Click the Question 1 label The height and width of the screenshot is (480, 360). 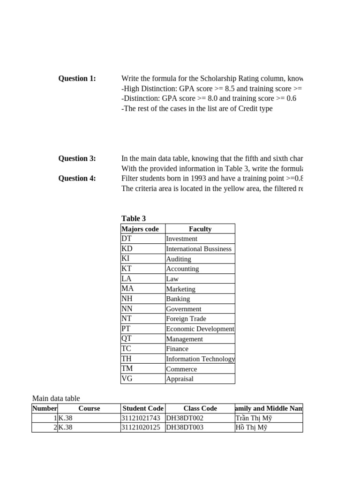[77, 79]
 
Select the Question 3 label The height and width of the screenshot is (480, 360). [77, 158]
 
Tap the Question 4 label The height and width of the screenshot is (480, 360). [77, 178]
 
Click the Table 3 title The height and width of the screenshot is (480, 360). [134, 218]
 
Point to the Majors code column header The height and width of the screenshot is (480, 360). [140, 229]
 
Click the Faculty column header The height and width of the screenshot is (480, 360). [200, 229]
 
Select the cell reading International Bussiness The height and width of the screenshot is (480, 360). [199, 249]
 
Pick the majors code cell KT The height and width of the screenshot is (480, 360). [127, 269]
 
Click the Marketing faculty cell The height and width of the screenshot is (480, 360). [181, 289]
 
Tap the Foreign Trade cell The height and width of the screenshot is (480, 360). [186, 319]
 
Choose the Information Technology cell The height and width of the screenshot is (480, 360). [200, 359]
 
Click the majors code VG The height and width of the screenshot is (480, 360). [127, 379]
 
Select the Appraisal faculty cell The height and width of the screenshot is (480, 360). [180, 379]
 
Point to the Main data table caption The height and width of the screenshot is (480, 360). [56, 398]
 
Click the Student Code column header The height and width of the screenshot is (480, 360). [143, 408]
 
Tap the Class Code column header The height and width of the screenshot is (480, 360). [200, 408]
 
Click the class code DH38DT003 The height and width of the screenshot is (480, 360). [185, 427]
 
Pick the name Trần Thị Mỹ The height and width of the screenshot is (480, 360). [254, 418]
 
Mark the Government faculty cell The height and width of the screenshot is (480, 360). [184, 309]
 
